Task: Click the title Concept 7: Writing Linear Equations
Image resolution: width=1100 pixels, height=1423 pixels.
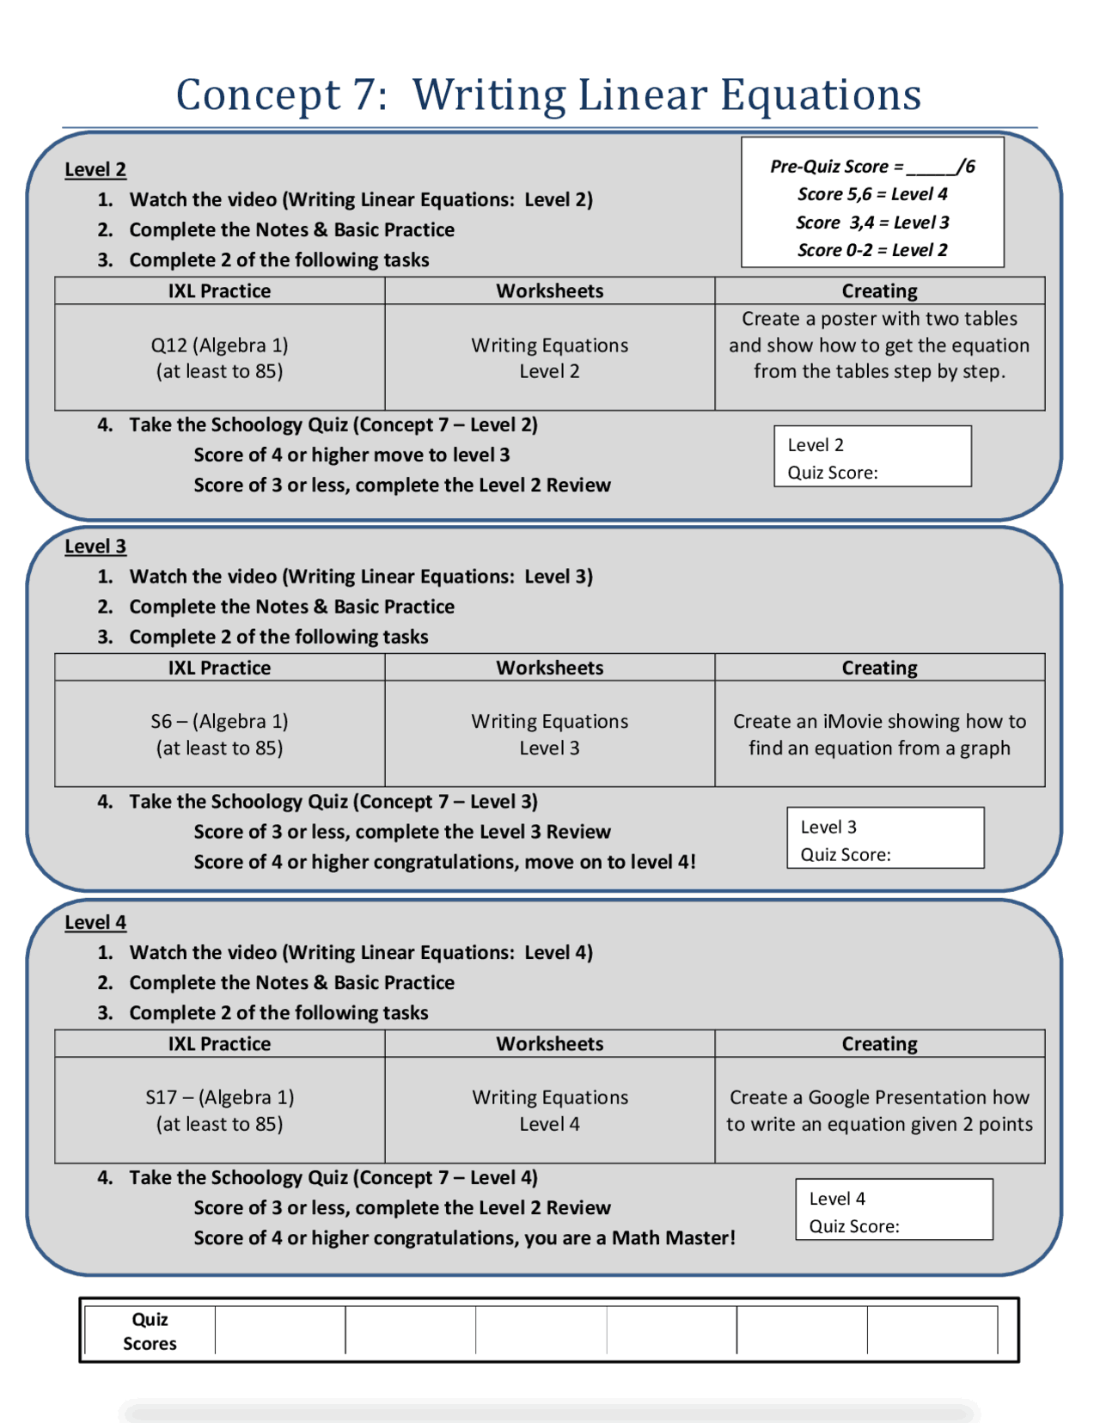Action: [548, 94]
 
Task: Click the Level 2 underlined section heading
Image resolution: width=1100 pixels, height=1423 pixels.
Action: [95, 169]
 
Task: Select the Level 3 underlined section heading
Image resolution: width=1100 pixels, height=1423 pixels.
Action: [95, 546]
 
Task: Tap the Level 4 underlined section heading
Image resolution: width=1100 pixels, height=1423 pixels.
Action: [95, 922]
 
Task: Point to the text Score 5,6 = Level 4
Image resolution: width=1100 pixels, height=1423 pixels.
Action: [872, 194]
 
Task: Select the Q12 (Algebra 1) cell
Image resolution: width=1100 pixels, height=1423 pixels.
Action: [219, 357]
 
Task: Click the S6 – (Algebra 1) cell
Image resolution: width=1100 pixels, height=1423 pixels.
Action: [219, 734]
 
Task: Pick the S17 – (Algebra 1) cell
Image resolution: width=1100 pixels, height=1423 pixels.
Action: [219, 1110]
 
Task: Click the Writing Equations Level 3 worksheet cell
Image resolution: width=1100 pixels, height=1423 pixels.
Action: [549, 734]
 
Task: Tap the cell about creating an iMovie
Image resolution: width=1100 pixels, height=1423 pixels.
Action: [879, 734]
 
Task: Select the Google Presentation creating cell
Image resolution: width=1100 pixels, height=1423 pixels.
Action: [879, 1110]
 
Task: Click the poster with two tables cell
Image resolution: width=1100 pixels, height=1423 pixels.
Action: [879, 345]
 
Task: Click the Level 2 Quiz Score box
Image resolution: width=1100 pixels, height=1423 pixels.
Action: [872, 457]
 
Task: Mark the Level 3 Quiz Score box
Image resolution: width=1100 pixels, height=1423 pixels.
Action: [885, 839]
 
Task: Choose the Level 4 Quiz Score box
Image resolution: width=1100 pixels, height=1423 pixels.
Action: [894, 1210]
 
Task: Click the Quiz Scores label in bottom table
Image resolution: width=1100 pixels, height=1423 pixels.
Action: [150, 1331]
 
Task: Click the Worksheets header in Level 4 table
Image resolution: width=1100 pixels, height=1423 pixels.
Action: [549, 1043]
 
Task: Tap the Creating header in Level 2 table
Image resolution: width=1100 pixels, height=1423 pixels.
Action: [879, 290]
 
